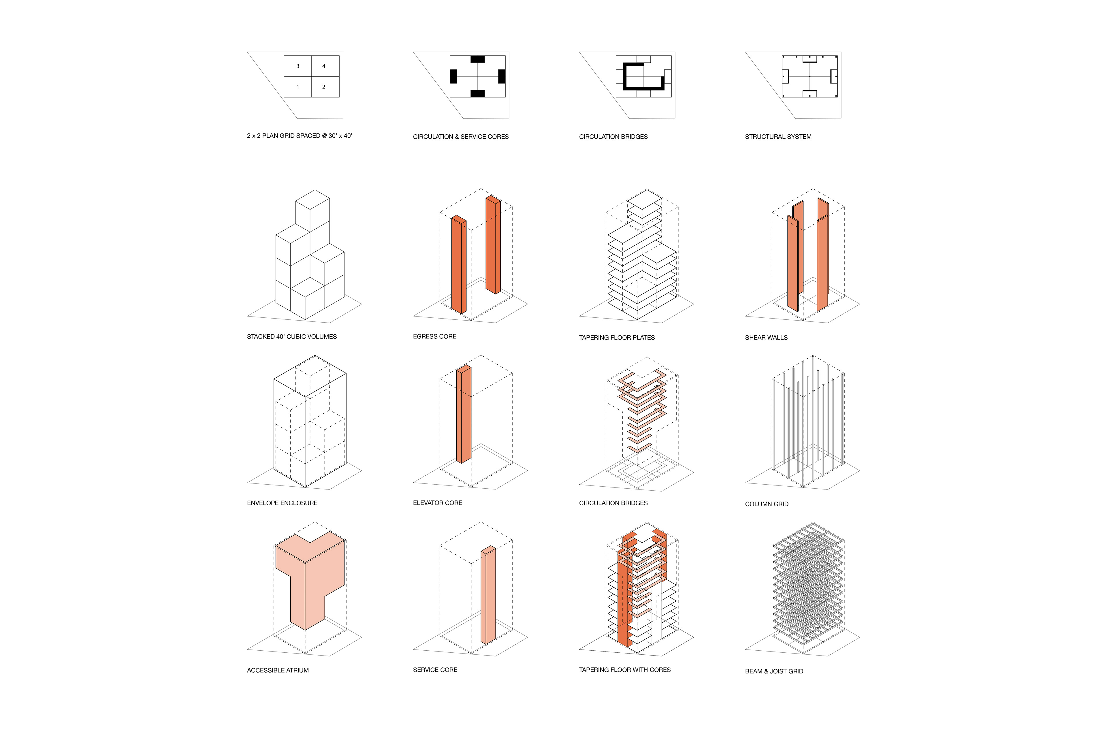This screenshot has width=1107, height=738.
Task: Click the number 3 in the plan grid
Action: [x=298, y=66]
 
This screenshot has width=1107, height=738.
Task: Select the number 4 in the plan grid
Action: [x=324, y=66]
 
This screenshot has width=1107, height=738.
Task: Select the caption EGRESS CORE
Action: [x=434, y=336]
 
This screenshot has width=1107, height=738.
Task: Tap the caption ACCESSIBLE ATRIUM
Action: [x=278, y=670]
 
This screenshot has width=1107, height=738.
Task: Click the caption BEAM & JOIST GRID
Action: [x=774, y=671]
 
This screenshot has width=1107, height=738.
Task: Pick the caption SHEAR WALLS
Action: [x=766, y=338]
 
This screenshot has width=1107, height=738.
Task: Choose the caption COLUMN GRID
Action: [x=767, y=504]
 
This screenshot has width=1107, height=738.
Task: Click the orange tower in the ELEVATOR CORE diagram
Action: [x=464, y=414]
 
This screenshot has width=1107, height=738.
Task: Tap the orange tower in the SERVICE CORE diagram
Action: [x=488, y=595]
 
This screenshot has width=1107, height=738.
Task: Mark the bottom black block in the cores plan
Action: [x=477, y=94]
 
